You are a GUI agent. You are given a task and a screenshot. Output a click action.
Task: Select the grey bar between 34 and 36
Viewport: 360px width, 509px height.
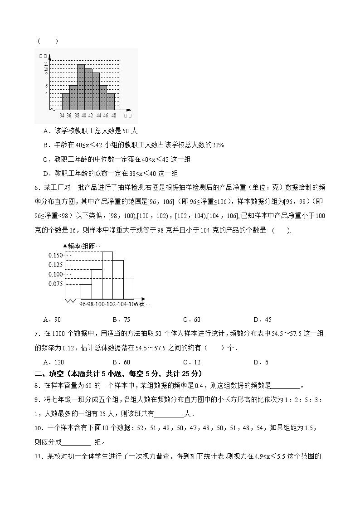[65, 102]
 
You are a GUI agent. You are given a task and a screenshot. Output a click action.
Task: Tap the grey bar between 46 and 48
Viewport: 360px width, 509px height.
[111, 102]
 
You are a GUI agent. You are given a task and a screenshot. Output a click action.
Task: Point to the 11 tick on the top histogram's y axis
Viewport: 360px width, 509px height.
[46, 64]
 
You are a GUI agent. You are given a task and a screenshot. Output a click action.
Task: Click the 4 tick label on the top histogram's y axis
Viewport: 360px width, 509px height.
[46, 93]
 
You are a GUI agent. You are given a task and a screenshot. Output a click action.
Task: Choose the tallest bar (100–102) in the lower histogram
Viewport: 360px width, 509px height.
[107, 275]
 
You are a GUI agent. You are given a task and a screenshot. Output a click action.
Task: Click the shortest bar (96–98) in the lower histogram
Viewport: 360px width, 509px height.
[86, 291]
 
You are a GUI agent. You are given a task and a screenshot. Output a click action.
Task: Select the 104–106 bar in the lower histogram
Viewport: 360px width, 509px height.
[128, 288]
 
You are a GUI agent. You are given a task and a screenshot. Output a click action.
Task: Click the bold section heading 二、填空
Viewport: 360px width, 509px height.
[52, 374]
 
